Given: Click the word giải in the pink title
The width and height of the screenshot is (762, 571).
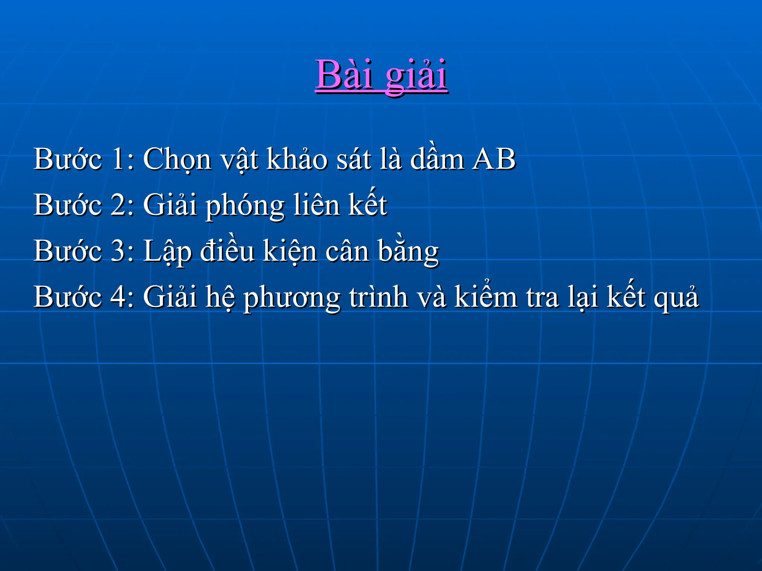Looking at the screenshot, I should [x=416, y=76].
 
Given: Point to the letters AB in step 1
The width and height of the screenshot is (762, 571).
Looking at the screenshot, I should [x=493, y=159].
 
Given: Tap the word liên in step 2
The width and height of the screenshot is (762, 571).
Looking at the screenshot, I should [x=316, y=205].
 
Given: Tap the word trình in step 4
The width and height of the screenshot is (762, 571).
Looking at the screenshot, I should [x=378, y=297].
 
